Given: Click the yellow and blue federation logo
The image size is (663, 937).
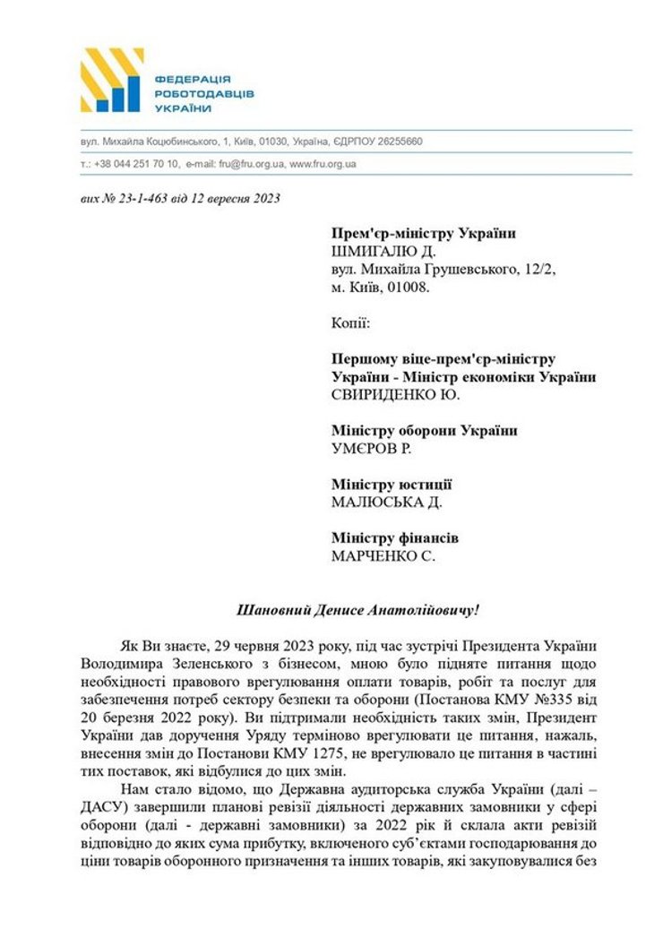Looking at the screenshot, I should (x=111, y=81).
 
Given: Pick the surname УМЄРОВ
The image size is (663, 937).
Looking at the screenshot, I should (x=364, y=449).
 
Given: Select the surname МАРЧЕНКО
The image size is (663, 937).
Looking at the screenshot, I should (x=374, y=556).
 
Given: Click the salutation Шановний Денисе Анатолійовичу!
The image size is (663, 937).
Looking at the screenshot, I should (x=357, y=610).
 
